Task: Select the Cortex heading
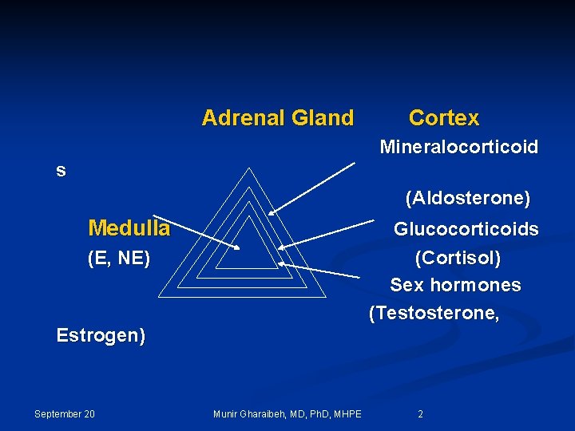(444, 118)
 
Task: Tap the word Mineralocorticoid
(458, 147)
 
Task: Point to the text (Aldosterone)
(467, 197)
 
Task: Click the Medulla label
(129, 228)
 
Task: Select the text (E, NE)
(119, 259)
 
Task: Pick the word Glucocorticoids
(466, 230)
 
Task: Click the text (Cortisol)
(458, 259)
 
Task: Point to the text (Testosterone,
(434, 314)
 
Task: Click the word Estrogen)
(101, 336)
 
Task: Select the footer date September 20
(65, 413)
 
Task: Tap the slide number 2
(421, 413)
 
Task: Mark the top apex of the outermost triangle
(249, 168)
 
